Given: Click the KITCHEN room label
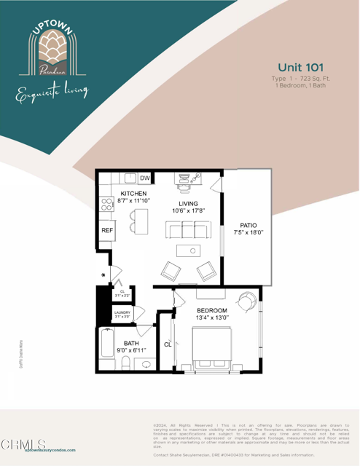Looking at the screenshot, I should (133, 194).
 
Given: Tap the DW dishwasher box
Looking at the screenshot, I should (145, 178).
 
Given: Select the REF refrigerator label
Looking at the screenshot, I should (106, 231).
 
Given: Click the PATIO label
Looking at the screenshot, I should (248, 225).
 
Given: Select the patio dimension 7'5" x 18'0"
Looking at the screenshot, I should (248, 233).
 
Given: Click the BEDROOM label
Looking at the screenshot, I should (211, 310).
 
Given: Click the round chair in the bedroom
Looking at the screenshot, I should (247, 300).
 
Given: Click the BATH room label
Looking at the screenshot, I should (131, 343).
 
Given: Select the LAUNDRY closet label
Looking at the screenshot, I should (122, 313).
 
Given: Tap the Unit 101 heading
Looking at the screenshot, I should (300, 67).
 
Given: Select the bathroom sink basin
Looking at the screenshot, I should (146, 364).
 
